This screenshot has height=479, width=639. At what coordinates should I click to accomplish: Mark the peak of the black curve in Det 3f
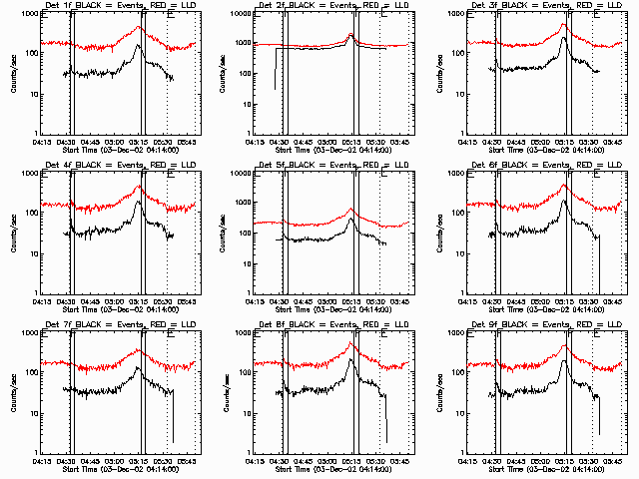click(564, 39)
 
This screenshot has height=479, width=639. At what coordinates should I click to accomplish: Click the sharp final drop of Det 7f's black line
click(172, 419)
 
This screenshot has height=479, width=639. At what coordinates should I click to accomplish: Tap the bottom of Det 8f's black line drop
click(386, 440)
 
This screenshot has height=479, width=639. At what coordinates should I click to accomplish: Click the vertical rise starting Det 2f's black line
click(276, 70)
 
